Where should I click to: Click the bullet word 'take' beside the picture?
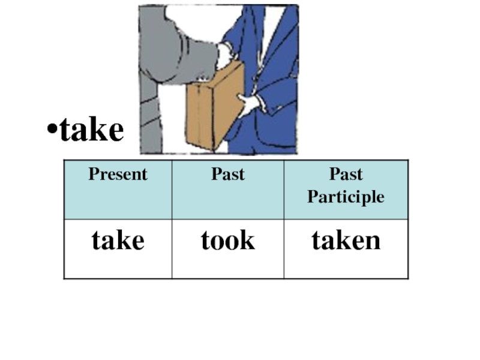tap(92, 130)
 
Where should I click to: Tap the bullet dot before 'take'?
tap(53, 131)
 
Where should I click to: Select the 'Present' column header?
tap(118, 175)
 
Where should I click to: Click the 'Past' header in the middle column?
tap(228, 175)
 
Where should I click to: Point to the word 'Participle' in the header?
tap(346, 197)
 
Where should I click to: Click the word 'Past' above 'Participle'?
tap(346, 175)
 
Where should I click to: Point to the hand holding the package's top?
tap(225, 57)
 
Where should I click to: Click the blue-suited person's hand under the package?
tap(248, 103)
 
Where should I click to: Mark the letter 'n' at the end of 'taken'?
tap(373, 241)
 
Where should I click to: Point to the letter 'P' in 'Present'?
tap(93, 175)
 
